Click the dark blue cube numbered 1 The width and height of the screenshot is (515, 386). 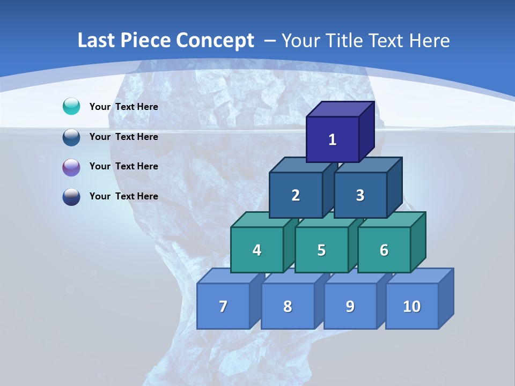pos(333,139)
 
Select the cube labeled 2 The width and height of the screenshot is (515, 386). pos(296,195)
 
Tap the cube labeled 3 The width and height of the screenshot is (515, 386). pos(360,195)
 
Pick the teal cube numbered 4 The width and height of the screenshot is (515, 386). pos(257,250)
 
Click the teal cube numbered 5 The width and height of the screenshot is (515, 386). pos(321,250)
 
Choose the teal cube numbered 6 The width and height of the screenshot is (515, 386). pos(384,250)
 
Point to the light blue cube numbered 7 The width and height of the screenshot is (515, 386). pos(223,306)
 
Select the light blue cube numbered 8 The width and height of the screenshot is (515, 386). pos(288,306)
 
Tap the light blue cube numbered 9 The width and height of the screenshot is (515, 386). pos(350,306)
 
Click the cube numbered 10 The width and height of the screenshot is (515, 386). pos(412,306)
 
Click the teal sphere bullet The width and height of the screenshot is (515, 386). pos(71,107)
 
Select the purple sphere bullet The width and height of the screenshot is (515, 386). pos(71,167)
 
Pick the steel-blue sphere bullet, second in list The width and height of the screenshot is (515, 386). pos(71,137)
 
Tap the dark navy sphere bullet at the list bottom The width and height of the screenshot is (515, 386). pos(71,197)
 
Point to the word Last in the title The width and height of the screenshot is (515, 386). pos(98,41)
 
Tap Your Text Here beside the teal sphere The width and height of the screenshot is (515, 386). pos(124,107)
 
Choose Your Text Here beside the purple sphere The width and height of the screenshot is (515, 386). pos(124,166)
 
